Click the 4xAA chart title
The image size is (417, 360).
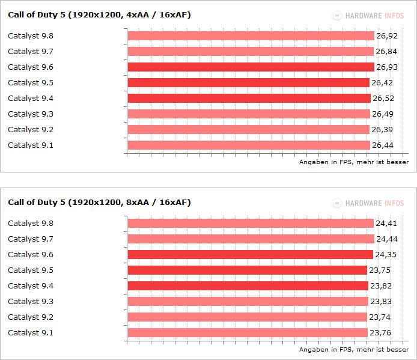tap(99, 14)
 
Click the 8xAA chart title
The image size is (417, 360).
tap(99, 202)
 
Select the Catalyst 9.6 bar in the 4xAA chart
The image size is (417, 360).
tap(251, 67)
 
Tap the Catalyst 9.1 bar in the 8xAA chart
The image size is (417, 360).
tap(248, 332)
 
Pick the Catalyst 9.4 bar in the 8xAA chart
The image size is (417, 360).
tap(248, 285)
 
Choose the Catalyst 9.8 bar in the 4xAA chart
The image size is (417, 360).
tap(251, 35)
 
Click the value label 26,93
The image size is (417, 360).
tap(388, 67)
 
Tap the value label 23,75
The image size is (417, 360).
tap(383, 270)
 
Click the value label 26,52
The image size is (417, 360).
tap(385, 98)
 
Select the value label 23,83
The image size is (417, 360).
tap(382, 301)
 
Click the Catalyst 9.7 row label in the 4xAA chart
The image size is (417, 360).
tap(31, 51)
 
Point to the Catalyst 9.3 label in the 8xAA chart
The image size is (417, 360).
tap(31, 301)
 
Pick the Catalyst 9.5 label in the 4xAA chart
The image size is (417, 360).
tap(31, 82)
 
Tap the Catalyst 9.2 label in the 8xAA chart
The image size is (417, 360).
tap(31, 317)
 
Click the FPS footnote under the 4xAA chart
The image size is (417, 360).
tap(354, 162)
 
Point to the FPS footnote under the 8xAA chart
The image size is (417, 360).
tap(354, 349)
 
